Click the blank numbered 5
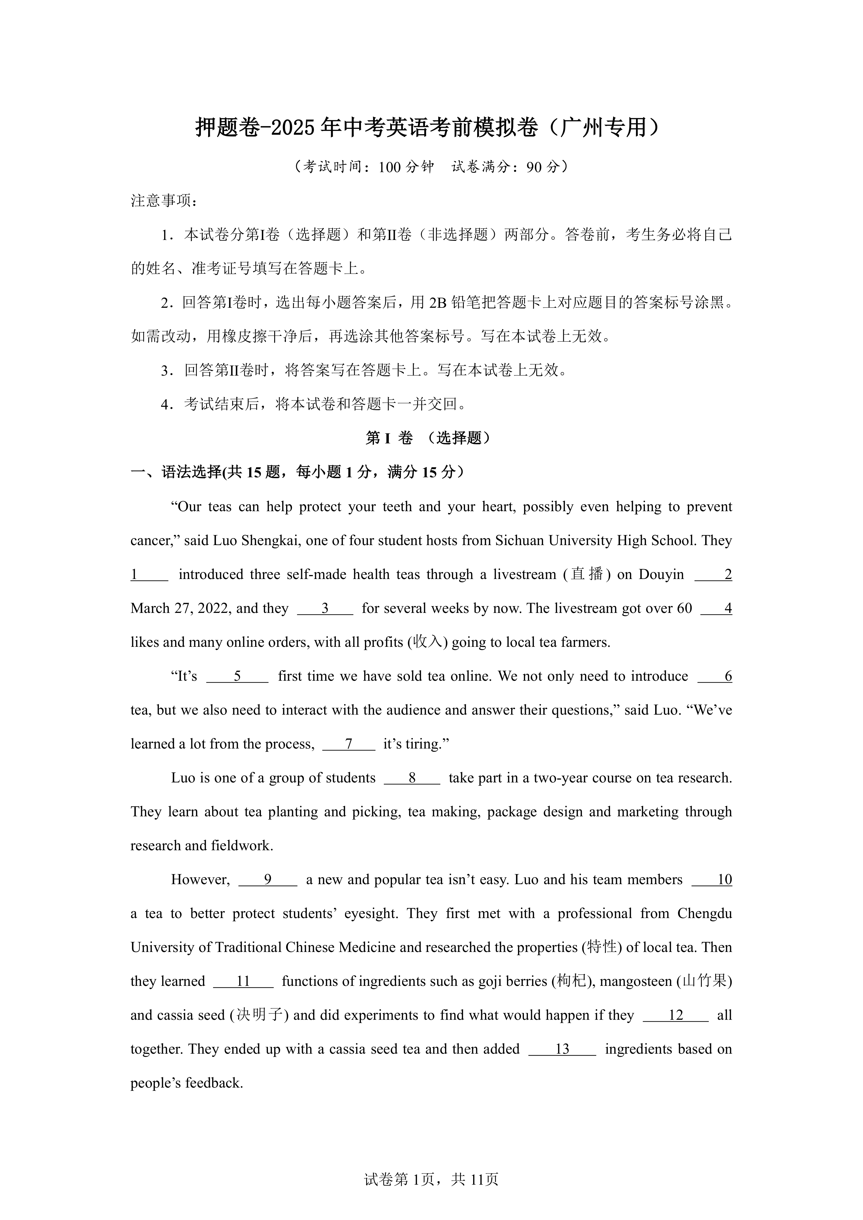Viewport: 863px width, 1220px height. [x=237, y=676]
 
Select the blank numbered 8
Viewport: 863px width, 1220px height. [x=412, y=778]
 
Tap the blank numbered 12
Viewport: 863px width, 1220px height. [x=675, y=1015]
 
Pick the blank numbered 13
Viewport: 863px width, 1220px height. [x=562, y=1049]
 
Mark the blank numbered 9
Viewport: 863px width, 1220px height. [x=268, y=880]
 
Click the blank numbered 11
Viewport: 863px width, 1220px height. [x=244, y=982]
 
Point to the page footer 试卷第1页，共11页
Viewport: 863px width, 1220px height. [x=431, y=1194]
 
